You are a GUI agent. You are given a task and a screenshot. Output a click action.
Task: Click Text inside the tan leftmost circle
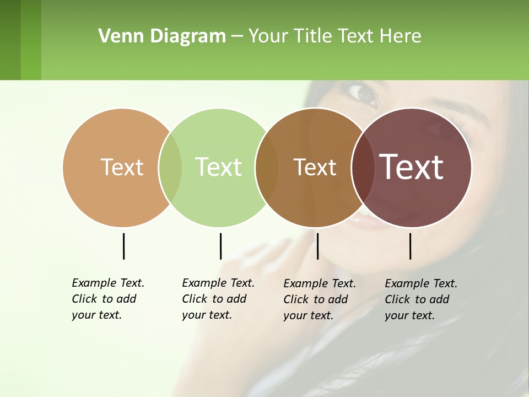122,167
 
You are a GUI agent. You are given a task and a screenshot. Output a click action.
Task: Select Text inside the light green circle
218,167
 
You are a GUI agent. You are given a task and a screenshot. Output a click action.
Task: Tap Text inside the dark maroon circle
412,167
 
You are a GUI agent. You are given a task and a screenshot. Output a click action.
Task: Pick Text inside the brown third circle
315,167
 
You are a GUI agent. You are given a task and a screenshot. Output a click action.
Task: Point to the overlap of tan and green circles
170,168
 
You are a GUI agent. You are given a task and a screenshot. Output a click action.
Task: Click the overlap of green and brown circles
267,168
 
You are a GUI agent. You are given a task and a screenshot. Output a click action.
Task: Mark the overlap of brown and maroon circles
363,168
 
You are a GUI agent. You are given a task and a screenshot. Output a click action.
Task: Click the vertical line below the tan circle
123,246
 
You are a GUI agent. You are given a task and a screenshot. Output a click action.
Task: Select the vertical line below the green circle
220,246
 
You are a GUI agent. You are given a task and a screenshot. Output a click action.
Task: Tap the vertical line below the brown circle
317,246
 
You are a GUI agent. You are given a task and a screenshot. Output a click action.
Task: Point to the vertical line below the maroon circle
410,246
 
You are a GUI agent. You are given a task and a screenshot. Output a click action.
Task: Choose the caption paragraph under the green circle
218,299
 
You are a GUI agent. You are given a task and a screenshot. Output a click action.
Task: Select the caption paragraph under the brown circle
319,299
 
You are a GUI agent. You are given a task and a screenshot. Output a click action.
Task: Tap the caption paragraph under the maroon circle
420,299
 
